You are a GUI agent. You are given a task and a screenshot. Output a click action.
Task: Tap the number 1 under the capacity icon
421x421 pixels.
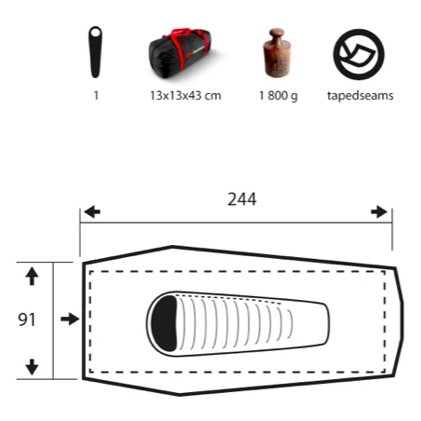(x=96, y=95)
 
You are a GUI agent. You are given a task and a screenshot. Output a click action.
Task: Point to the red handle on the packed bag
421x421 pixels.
(x=181, y=32)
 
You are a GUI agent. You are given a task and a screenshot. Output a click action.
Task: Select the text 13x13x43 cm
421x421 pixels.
(x=185, y=95)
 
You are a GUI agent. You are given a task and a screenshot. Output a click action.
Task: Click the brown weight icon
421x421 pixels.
(x=277, y=52)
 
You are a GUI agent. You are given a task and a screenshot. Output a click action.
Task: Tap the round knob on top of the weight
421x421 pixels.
(x=277, y=33)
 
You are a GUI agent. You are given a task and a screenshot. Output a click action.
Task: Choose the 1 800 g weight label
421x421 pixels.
(x=278, y=96)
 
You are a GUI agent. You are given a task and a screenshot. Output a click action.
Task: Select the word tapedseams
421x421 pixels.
(x=360, y=96)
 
